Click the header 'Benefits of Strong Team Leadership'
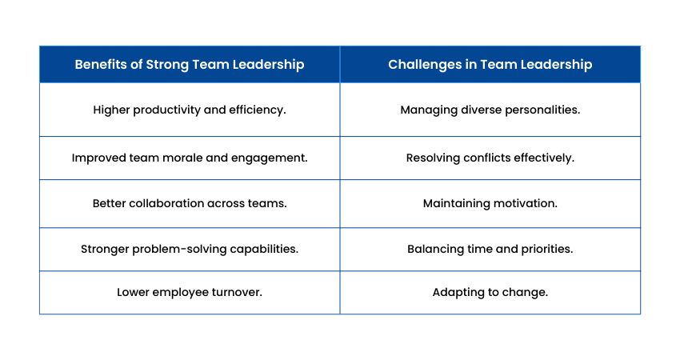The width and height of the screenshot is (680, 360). pyautogui.click(x=190, y=65)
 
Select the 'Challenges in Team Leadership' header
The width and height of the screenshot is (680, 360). pyautogui.click(x=490, y=65)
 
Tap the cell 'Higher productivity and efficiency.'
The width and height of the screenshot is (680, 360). pyautogui.click(x=190, y=110)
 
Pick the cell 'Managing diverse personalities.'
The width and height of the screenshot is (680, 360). pyautogui.click(x=490, y=110)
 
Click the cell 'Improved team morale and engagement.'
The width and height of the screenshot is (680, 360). pyautogui.click(x=190, y=158)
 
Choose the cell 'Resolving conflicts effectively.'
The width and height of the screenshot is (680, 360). pyautogui.click(x=490, y=158)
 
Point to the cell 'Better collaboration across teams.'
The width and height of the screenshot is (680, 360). pyautogui.click(x=190, y=203)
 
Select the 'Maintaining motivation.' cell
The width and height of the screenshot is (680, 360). pyautogui.click(x=490, y=203)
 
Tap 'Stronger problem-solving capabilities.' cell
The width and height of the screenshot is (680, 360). pyautogui.click(x=190, y=250)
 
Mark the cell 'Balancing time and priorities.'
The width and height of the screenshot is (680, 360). pyautogui.click(x=490, y=250)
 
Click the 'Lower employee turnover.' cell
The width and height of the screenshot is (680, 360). pyautogui.click(x=190, y=292)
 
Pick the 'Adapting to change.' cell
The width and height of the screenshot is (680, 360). pyautogui.click(x=490, y=292)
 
